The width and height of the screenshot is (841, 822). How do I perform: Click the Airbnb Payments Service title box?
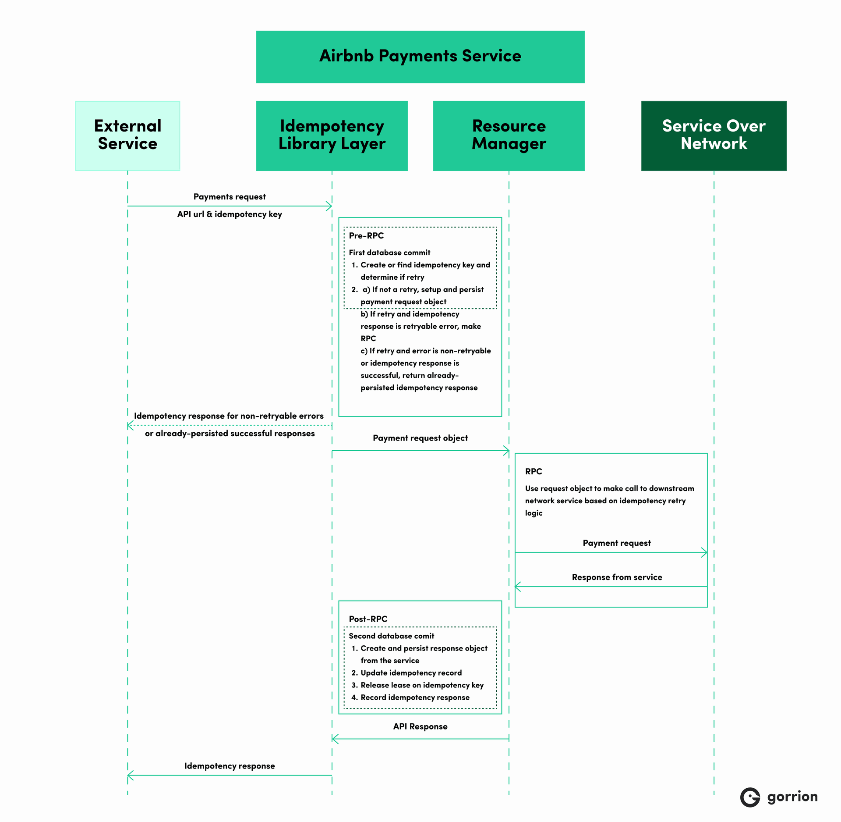coord(420,57)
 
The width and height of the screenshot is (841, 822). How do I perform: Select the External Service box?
coord(127,135)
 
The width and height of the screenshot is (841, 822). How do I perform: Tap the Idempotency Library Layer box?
coord(332,135)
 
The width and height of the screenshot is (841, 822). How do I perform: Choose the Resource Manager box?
coord(509,135)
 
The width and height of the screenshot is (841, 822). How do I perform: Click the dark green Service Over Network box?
coord(714,135)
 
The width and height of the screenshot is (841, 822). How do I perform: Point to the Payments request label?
coord(230,197)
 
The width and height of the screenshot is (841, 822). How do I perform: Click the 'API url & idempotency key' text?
coord(230,214)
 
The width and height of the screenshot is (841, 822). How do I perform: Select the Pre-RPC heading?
coord(366,236)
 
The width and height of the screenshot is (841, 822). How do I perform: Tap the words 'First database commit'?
coord(389,253)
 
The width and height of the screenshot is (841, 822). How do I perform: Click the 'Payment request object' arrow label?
coord(420,438)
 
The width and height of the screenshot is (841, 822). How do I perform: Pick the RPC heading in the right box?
coord(534,472)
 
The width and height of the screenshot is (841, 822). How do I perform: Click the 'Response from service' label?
coord(617,577)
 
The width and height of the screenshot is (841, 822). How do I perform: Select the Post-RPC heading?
coord(368,619)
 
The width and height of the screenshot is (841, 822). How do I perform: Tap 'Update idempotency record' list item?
coord(411,673)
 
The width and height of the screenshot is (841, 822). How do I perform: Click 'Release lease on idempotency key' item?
coord(422,685)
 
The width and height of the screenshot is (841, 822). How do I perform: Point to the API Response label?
coord(420,726)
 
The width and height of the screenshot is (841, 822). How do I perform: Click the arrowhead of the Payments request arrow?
coord(329,206)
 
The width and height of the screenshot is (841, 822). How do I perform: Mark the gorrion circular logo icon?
coord(750,797)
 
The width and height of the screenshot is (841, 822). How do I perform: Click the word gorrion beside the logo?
coord(792,797)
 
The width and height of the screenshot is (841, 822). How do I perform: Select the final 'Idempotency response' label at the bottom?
coord(230,766)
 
